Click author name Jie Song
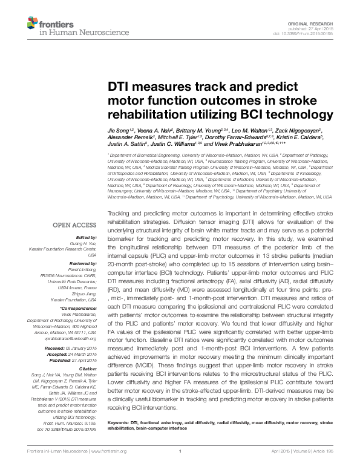119,130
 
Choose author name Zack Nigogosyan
299,130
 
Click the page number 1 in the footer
180,468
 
